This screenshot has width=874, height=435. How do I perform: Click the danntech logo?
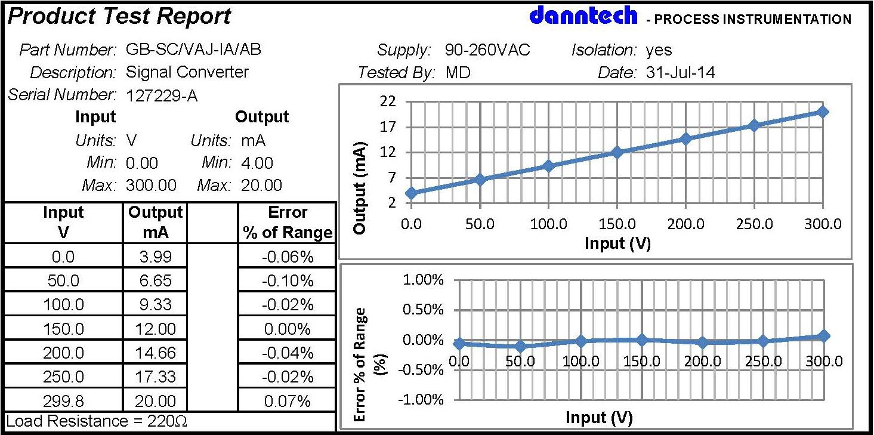click(583, 16)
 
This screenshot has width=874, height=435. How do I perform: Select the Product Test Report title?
click(119, 17)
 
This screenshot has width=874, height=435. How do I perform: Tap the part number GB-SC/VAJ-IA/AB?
click(193, 50)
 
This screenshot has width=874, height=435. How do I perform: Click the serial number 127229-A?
click(162, 95)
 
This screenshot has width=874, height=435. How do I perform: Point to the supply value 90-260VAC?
click(487, 50)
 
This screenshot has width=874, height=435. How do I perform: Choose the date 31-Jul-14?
click(680, 73)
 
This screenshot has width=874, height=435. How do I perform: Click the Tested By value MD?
click(458, 73)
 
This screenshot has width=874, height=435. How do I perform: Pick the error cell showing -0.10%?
click(287, 280)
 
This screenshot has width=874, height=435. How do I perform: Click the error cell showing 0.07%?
click(287, 401)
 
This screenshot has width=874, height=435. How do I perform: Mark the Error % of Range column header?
click(287, 223)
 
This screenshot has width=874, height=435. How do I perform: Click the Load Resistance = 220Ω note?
click(97, 421)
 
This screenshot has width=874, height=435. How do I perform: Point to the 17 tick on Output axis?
click(388, 127)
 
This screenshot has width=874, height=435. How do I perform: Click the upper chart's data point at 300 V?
click(823, 112)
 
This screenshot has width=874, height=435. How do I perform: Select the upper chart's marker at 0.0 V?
click(410, 193)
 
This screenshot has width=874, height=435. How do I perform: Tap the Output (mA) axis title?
click(360, 188)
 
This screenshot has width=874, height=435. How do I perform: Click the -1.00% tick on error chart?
click(423, 399)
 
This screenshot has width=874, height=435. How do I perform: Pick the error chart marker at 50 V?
click(520, 346)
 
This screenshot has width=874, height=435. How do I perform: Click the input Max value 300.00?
click(151, 186)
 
